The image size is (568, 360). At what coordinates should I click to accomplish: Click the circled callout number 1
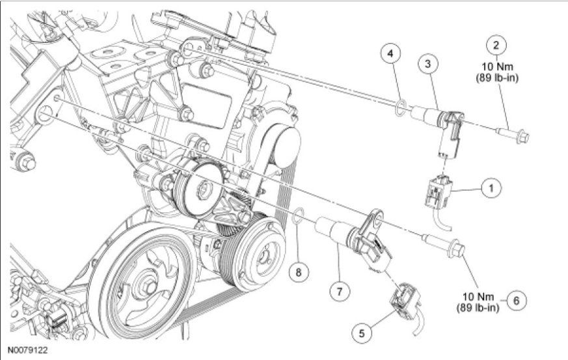pyautogui.click(x=491, y=187)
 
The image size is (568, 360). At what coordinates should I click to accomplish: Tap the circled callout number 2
pyautogui.click(x=496, y=45)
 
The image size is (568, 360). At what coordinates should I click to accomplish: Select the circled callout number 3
pyautogui.click(x=428, y=64)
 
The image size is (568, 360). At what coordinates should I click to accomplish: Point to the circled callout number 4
pyautogui.click(x=390, y=53)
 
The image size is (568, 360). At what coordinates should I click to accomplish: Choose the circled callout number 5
pyautogui.click(x=362, y=333)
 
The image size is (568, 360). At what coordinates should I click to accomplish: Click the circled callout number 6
pyautogui.click(x=516, y=300)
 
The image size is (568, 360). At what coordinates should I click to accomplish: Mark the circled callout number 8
pyautogui.click(x=299, y=271)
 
